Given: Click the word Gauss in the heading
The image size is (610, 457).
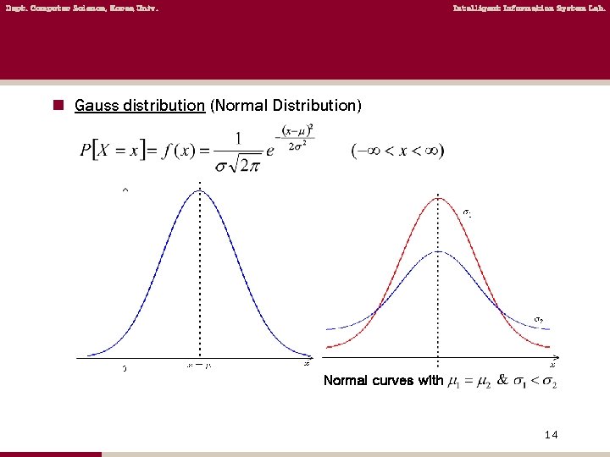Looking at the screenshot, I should tap(92, 106).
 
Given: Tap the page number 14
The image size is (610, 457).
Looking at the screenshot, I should tap(551, 434).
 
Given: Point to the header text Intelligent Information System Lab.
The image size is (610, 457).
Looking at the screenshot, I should tap(530, 8).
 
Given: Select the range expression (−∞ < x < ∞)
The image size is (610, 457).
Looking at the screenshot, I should tap(397, 151).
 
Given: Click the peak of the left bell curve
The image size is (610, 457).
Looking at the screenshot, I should tap(200, 190).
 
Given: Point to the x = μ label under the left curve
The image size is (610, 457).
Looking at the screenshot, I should tap(198, 366).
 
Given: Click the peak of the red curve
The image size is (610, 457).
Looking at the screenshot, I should tap(437, 198).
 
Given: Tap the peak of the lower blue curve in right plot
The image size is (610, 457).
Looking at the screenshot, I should tap(437, 251).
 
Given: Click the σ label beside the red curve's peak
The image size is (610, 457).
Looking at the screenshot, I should tap(467, 212).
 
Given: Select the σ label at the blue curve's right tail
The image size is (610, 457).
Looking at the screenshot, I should tap(538, 319).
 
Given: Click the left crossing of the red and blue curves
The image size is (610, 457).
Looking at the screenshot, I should tap(377, 306).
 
